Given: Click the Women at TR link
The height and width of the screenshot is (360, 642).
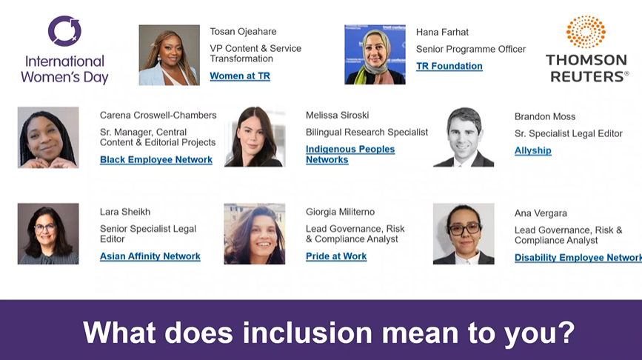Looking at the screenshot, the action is click(x=240, y=76).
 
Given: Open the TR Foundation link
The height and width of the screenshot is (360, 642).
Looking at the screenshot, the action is click(x=449, y=66).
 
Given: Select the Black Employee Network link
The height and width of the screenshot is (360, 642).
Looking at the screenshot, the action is click(x=156, y=159).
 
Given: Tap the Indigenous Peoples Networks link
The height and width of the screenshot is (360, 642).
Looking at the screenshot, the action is click(x=350, y=154).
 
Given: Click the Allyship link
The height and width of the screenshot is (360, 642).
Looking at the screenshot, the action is click(x=532, y=150).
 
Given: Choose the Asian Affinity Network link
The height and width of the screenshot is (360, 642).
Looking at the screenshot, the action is click(x=150, y=256).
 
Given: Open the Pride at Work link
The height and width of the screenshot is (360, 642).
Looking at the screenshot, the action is click(x=336, y=256).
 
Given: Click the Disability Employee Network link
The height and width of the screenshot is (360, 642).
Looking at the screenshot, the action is click(x=578, y=257).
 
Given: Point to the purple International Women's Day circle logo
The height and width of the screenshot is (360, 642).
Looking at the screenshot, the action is click(x=64, y=30).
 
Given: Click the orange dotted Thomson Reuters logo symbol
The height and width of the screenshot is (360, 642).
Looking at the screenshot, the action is click(x=586, y=32).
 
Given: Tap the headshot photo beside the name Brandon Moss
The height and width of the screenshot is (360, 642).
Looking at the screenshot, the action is click(x=464, y=137).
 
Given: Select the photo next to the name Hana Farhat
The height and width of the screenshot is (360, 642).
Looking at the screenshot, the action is click(x=375, y=55).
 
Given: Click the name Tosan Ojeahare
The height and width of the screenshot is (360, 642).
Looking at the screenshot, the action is click(x=243, y=32).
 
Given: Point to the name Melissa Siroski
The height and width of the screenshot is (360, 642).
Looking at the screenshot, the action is click(x=338, y=115).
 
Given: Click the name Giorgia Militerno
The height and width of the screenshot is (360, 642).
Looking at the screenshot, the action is click(x=340, y=212).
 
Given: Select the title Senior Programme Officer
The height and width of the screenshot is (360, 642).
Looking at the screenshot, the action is click(x=471, y=49).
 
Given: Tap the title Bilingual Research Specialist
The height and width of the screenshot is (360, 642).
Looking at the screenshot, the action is click(x=367, y=133).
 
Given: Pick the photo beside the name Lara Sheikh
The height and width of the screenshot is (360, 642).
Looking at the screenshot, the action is click(x=48, y=233).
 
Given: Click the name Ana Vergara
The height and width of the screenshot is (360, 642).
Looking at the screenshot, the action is click(x=541, y=213).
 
